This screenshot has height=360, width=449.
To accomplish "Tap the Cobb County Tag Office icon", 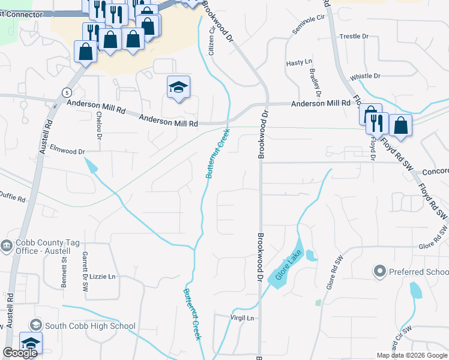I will pos(7,246).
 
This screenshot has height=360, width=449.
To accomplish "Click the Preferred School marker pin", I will pos(379,272).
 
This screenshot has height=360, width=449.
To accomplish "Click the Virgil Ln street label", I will pos(243,317).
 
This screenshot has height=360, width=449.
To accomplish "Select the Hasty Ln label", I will pos(300,62).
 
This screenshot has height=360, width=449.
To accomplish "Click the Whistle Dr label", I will pos(365,76).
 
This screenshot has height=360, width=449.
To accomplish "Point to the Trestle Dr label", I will pos(354,37).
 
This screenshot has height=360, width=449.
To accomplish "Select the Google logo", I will pos(20,353).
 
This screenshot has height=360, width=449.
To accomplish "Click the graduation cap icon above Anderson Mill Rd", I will pos(178,87).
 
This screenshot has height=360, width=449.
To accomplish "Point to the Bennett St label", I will pos(63,270).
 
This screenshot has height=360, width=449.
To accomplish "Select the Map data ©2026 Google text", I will pos(411,355).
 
